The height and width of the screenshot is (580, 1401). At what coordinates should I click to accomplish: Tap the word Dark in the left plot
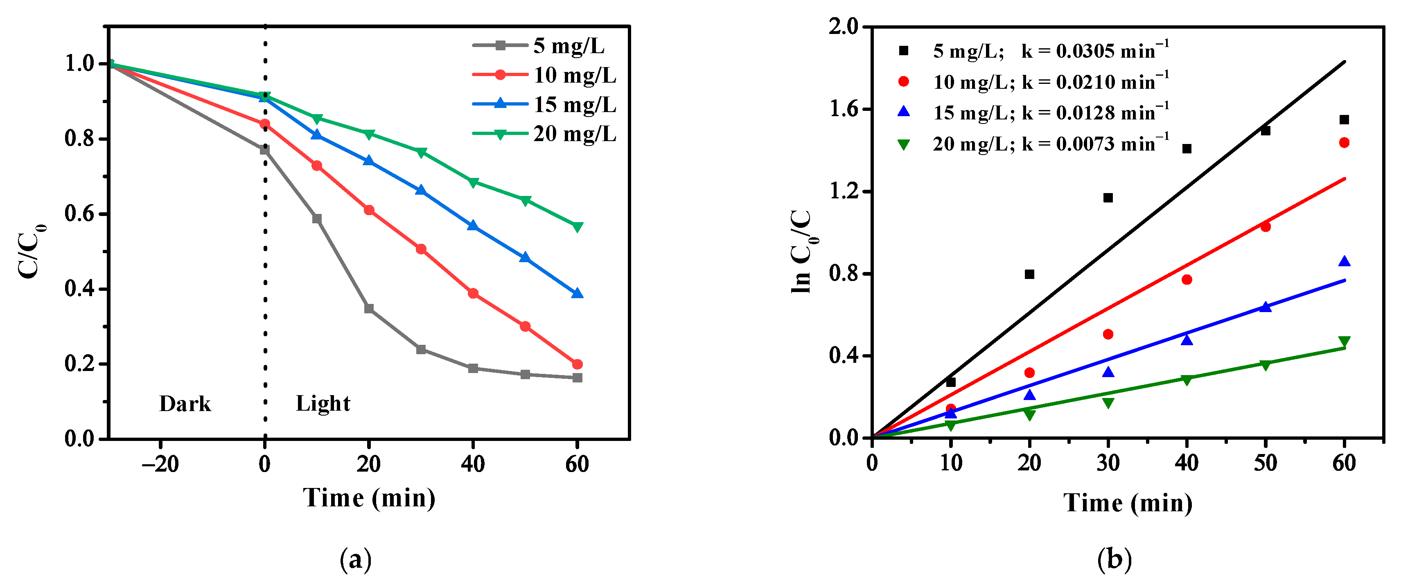(x=185, y=404)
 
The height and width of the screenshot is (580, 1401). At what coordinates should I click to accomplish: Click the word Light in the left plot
(x=323, y=403)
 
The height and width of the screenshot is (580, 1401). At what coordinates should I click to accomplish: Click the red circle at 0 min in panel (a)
(x=265, y=124)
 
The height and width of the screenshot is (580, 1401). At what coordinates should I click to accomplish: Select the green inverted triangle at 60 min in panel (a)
(x=577, y=227)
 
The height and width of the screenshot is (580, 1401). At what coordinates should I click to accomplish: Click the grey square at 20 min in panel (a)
(x=369, y=309)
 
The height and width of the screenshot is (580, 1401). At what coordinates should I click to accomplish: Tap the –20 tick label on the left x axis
(x=160, y=464)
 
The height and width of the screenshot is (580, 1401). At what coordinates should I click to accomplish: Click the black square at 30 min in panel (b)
(x=1108, y=198)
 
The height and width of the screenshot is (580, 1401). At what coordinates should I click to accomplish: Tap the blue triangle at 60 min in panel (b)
(x=1344, y=261)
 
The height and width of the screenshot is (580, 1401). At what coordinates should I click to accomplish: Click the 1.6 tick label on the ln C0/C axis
(x=844, y=109)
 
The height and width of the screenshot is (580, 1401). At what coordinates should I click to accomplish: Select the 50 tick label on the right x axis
(x=1265, y=463)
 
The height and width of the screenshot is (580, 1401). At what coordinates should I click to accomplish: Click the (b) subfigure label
(x=1114, y=559)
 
